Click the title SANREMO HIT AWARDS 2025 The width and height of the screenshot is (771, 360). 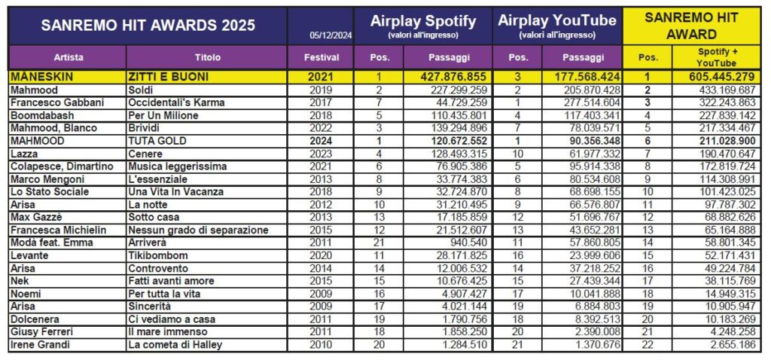pyautogui.click(x=148, y=25)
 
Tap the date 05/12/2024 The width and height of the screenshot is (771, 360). pyautogui.click(x=330, y=35)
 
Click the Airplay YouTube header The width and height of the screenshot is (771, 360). pyautogui.click(x=557, y=21)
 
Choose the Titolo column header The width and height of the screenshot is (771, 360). pyautogui.click(x=207, y=57)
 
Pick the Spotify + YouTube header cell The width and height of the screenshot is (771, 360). pyautogui.click(x=726, y=57)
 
